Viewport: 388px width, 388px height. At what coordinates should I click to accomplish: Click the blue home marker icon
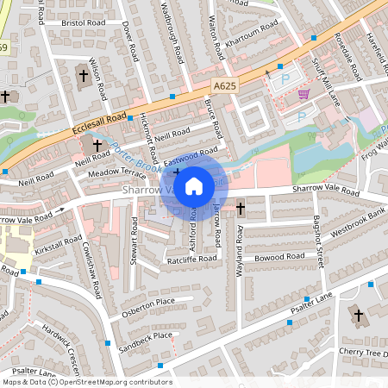coord(194,185)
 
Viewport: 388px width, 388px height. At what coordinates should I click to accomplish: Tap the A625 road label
coord(225,85)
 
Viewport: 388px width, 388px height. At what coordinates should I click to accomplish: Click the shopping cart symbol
coord(304,94)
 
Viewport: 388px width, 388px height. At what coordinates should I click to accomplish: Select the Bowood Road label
coord(274,257)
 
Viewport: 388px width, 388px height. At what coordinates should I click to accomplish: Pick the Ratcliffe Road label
coord(191,259)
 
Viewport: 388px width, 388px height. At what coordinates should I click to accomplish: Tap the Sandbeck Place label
coord(146,335)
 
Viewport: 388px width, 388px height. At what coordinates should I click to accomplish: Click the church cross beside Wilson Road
coord(84,76)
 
